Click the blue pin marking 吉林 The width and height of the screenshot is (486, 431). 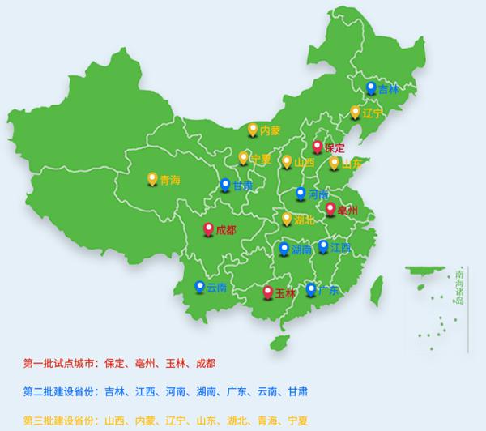tap(371, 87)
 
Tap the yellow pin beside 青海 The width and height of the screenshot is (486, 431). tap(151, 179)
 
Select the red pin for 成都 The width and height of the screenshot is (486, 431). tap(208, 229)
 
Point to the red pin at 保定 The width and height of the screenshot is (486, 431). tap(317, 147)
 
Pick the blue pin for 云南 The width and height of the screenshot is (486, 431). tap(199, 286)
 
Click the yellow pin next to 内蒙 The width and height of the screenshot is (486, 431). tap(253, 129)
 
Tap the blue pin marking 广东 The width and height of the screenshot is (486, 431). tap(311, 288)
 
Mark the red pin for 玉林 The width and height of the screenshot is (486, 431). tap(269, 292)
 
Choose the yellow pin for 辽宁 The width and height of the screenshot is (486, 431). tap(355, 112)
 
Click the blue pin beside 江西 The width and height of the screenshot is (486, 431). tap(323, 245)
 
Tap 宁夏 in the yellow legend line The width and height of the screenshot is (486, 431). tap(298, 420)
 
